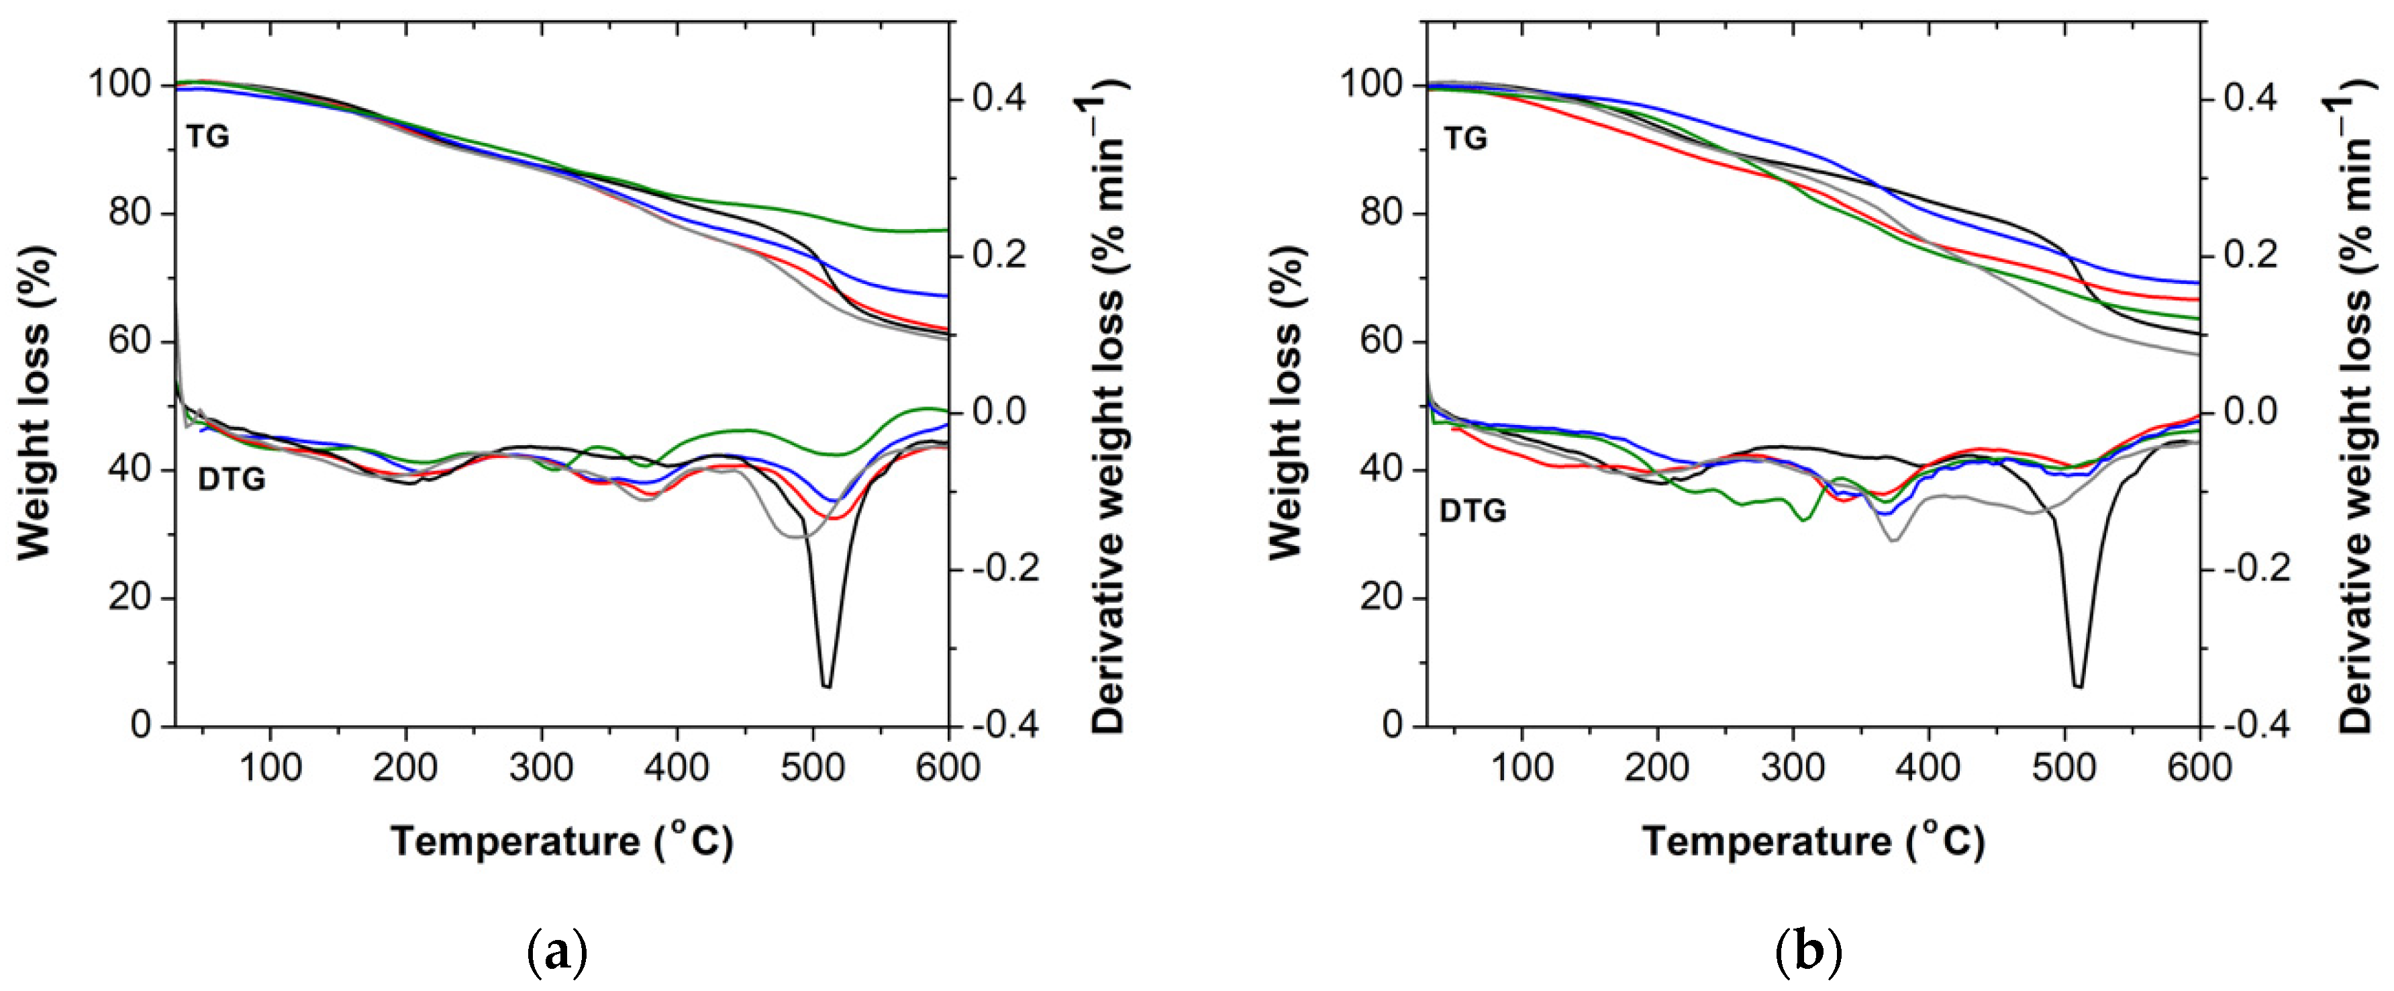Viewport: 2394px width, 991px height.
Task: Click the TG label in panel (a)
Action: pyautogui.click(x=207, y=137)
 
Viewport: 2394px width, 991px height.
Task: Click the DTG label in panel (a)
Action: pyautogui.click(x=232, y=479)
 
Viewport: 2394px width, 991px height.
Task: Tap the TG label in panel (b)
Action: pyautogui.click(x=1466, y=138)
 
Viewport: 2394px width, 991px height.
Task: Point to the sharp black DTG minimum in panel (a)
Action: pyautogui.click(x=826, y=684)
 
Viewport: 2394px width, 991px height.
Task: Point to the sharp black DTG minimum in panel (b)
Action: pyautogui.click(x=2078, y=684)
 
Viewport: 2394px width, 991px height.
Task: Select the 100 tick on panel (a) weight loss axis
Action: pyautogui.click(x=119, y=85)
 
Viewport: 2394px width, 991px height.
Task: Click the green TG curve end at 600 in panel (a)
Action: pyautogui.click(x=945, y=230)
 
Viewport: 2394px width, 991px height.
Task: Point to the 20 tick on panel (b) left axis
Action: pyautogui.click(x=1382, y=597)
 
